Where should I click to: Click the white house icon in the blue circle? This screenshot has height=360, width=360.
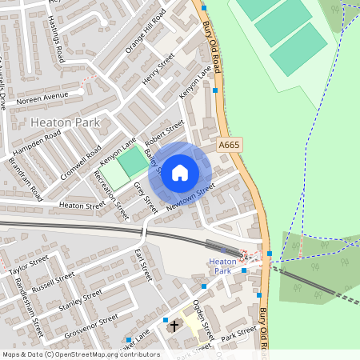tap(180, 172)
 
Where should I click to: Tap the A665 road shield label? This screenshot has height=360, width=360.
tap(230, 145)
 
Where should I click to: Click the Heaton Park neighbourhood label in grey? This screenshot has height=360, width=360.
tap(64, 122)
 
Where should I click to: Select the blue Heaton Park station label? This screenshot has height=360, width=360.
tap(222, 266)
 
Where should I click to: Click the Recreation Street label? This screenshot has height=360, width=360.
tap(111, 195)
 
